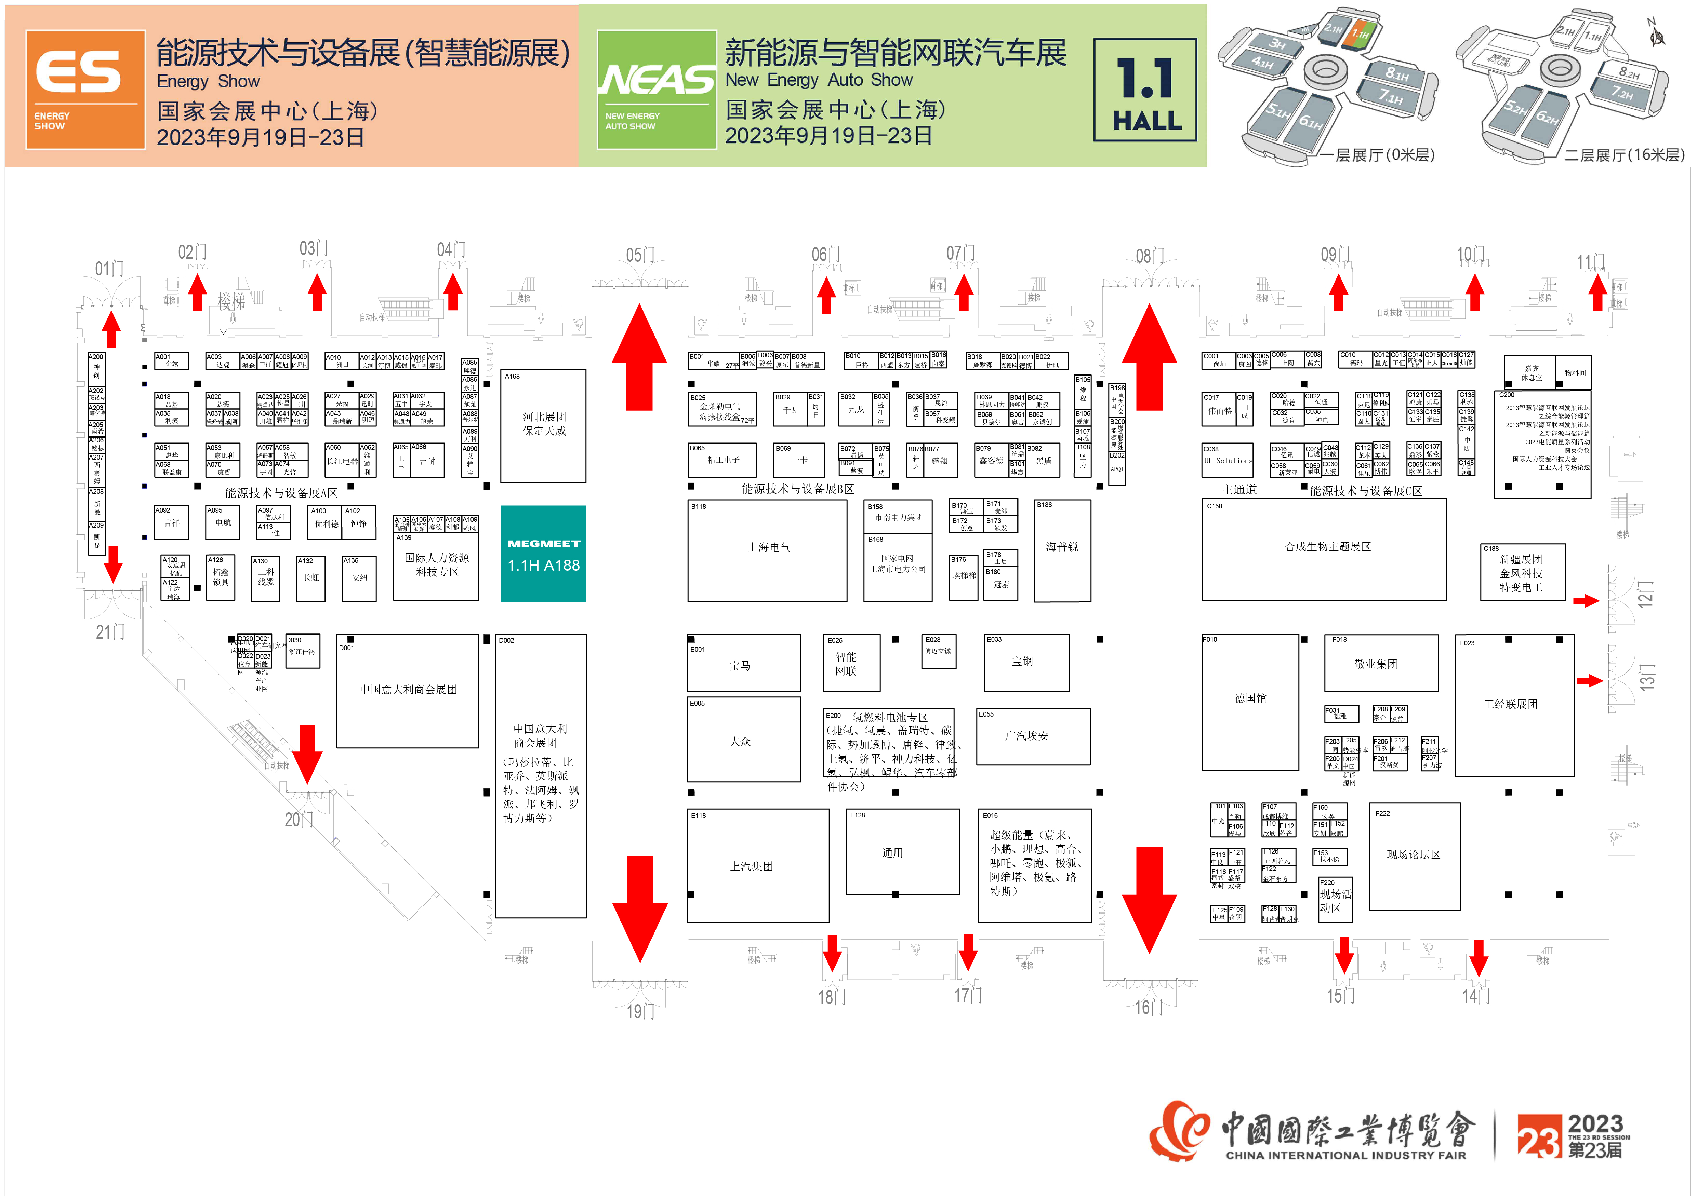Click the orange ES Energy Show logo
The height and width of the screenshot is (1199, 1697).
tap(86, 90)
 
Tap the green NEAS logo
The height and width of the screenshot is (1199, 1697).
tap(656, 90)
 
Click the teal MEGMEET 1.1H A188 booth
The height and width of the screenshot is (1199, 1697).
tap(543, 553)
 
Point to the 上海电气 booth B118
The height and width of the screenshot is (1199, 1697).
tap(767, 550)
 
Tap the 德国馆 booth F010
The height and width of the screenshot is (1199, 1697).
tap(1250, 702)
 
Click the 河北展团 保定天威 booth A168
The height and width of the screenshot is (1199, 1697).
tap(543, 425)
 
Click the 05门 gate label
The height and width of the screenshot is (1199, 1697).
tap(640, 256)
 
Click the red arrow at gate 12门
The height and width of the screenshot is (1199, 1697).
tap(1586, 601)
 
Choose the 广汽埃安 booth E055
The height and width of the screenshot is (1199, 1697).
tap(1033, 737)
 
